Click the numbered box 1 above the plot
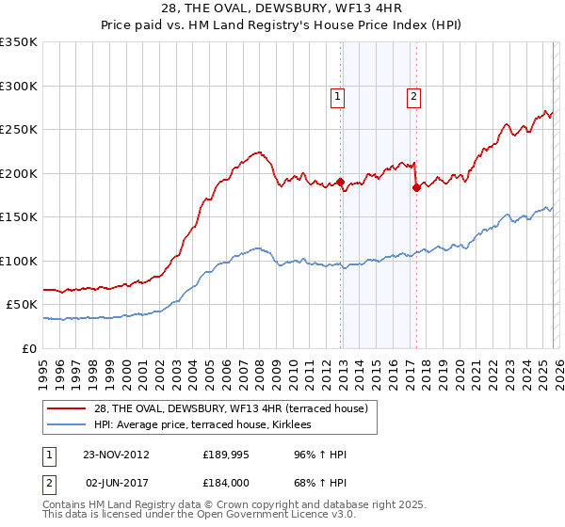[x=337, y=94]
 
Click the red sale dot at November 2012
[x=341, y=183]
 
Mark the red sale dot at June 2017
[x=416, y=187]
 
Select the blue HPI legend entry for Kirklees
[x=202, y=426]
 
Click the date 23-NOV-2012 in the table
[x=116, y=455]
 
